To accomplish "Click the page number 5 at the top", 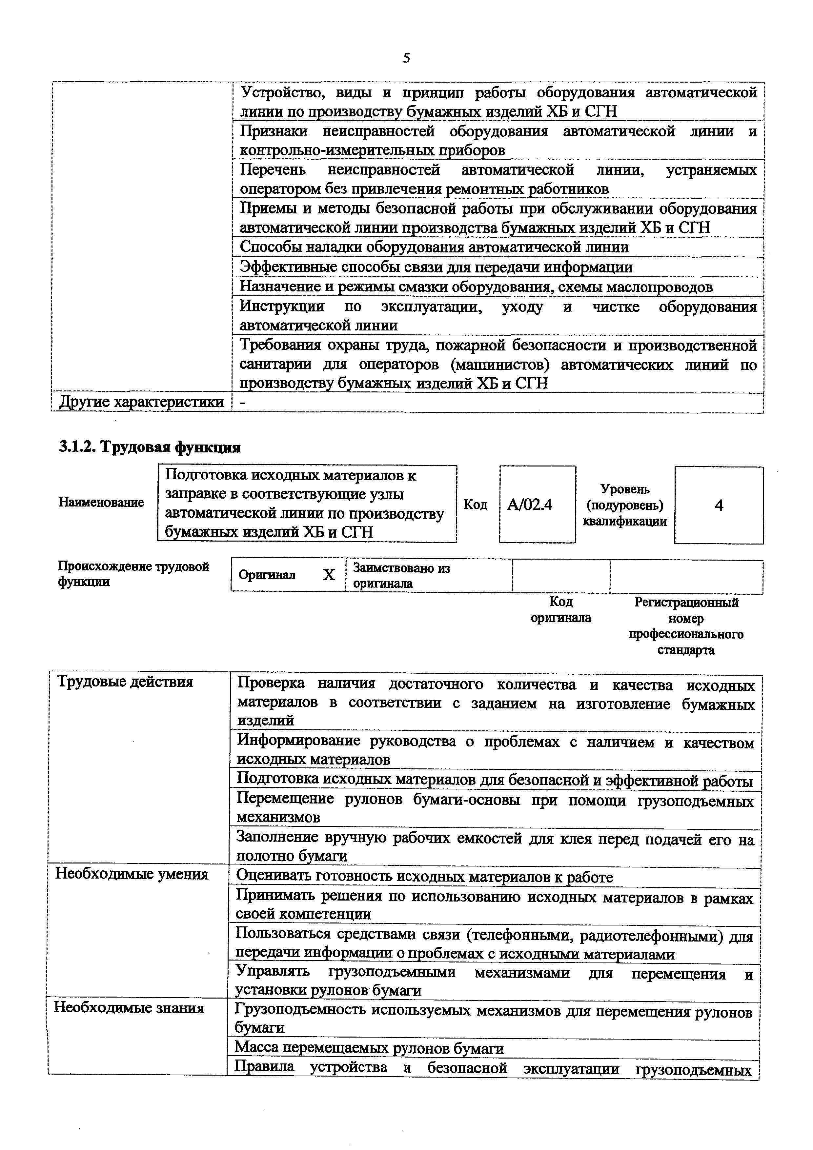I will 406,59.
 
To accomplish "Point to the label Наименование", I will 101,502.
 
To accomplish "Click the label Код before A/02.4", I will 476,505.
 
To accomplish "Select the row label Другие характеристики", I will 141,402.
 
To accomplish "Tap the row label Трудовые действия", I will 125,682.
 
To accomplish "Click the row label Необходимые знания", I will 129,1007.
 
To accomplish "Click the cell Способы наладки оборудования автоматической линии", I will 434,247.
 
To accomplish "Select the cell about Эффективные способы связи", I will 436,267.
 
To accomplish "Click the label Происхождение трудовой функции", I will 133,574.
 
